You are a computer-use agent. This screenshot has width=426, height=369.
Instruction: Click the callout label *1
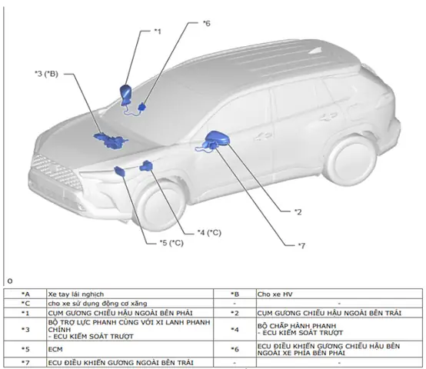coord(158,32)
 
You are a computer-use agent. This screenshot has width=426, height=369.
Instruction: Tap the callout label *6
coord(207,23)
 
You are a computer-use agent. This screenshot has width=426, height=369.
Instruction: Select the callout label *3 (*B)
coord(46,74)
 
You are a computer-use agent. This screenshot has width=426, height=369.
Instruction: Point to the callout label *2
coord(298,212)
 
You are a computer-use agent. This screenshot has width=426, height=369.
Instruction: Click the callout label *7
coord(302,246)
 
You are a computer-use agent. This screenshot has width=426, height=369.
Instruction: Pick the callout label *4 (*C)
coord(209,233)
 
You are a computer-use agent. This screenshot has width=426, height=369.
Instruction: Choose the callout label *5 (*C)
coord(171,243)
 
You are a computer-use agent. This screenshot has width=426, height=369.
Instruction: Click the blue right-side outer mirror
coord(126,95)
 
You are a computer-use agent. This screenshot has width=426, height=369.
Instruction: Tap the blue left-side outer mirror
coord(218,138)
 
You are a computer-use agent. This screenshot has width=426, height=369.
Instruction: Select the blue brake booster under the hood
coord(111,141)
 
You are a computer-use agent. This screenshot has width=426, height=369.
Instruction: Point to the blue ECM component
coord(120,171)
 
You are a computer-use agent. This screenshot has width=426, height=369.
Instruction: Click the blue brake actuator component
coord(146,165)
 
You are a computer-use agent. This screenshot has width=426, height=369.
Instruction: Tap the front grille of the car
coord(55,171)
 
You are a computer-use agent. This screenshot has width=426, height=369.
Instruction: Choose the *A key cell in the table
coord(25,294)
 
